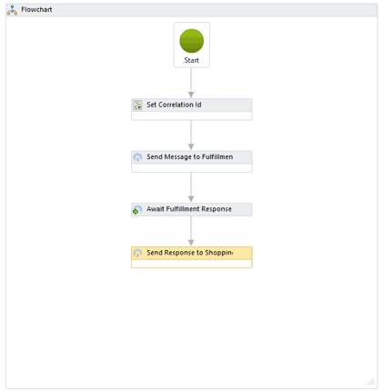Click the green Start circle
point(191,41)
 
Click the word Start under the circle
point(191,60)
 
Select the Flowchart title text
point(36,10)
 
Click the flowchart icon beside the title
point(12,10)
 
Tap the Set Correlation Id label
point(174,105)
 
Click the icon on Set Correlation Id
point(137,105)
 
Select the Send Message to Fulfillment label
point(190,157)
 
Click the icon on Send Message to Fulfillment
point(137,157)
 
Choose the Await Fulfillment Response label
point(189,209)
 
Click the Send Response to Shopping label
point(190,253)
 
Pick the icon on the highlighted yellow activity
point(137,253)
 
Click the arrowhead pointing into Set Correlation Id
point(191,95)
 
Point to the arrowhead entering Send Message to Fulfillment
point(191,147)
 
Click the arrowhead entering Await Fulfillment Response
point(191,199)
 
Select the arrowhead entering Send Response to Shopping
point(191,243)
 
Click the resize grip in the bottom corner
point(371,381)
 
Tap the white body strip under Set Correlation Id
point(191,115)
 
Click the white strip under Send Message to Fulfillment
point(191,168)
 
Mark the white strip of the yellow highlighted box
point(191,264)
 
